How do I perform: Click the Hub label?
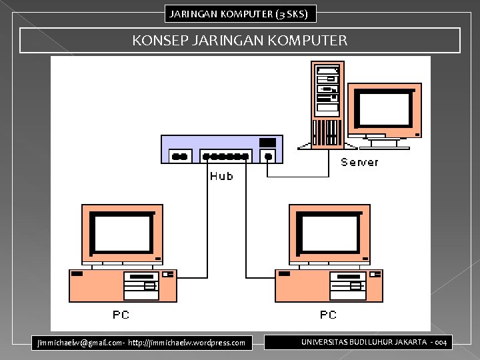pos(221,176)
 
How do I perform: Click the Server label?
pos(359,162)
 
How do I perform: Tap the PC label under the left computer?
pos(121,314)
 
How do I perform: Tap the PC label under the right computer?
pos(328,314)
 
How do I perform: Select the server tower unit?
pos(327,103)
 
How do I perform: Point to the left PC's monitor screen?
pos(122,233)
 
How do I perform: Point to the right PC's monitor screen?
pos(329,233)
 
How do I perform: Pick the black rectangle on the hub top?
pos(267,142)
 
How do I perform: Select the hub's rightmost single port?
pos(268,157)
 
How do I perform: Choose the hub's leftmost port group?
pos(179,157)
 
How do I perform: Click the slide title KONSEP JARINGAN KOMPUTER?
pos(240,41)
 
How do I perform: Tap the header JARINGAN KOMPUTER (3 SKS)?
pos(240,13)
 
